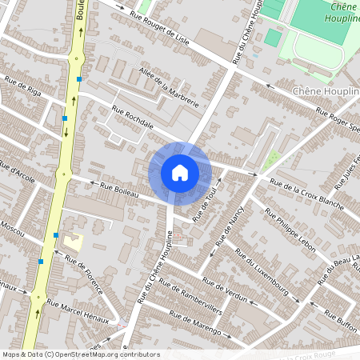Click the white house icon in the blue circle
tap(180, 173)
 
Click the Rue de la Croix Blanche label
tap(307, 194)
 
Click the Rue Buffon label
tap(342, 322)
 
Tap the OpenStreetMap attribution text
tap(80, 354)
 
